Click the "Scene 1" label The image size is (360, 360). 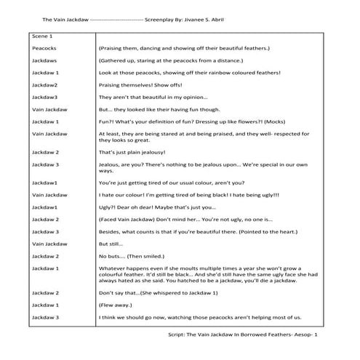click(x=43, y=35)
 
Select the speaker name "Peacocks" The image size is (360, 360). click(x=45, y=47)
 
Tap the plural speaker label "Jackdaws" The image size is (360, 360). click(x=46, y=60)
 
